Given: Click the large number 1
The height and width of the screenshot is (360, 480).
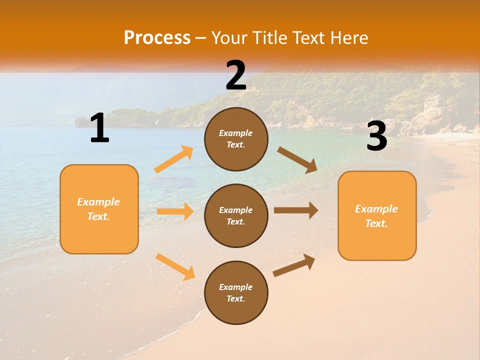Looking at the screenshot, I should (99, 128).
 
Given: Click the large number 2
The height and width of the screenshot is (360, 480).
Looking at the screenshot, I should (236, 75).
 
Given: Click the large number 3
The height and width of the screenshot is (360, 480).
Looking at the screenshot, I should (376, 137).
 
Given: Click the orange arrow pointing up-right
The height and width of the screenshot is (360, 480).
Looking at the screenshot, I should (174, 159).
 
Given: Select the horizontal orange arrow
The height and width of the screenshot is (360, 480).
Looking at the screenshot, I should (175, 211).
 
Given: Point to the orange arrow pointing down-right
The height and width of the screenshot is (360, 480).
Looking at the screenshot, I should (175, 266).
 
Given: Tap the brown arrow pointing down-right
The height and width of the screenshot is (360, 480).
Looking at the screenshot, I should (297, 159).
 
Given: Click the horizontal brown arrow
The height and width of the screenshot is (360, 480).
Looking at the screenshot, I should (296, 210).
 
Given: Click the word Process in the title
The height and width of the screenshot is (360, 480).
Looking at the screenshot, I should (157, 38).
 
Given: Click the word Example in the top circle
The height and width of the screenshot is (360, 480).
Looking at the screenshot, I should (235, 133).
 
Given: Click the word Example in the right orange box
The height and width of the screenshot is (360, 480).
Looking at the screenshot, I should (376, 209).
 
